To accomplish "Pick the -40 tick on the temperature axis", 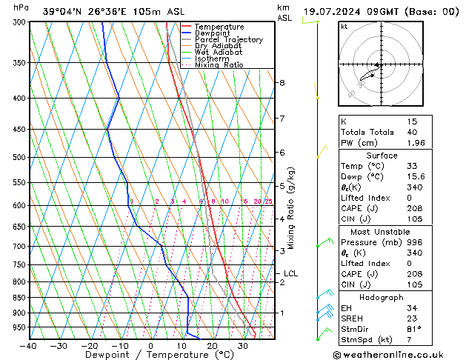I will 29,346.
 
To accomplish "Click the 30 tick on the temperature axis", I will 243,346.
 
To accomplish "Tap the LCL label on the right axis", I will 290,273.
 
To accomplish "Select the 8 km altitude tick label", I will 282,82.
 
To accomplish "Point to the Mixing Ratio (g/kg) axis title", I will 291,208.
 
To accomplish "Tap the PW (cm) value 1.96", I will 412,144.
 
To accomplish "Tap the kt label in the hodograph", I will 344,26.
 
